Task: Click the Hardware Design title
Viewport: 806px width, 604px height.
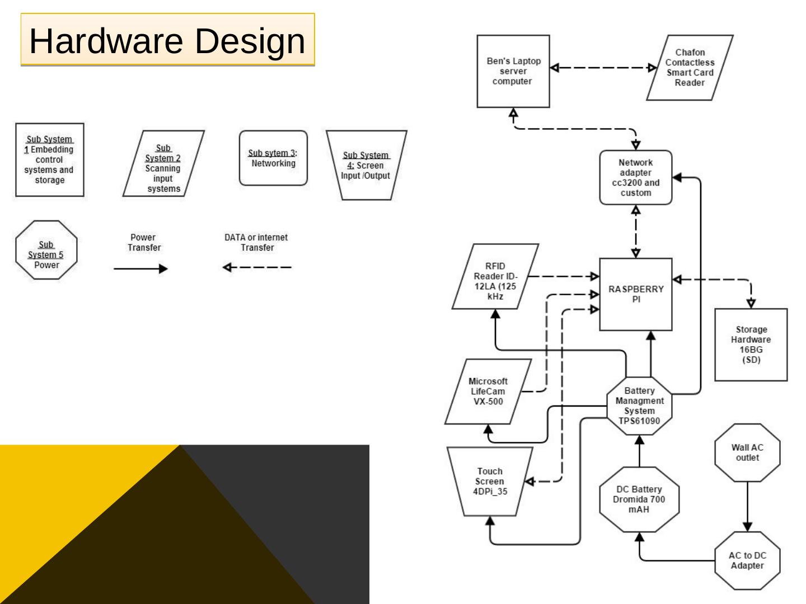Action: [x=167, y=40]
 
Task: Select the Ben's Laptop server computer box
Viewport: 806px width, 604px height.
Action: [x=513, y=71]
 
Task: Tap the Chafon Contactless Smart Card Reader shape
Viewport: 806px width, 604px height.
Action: [x=690, y=68]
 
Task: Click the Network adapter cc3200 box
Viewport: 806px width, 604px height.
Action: [x=635, y=177]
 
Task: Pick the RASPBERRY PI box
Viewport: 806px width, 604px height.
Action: [x=635, y=294]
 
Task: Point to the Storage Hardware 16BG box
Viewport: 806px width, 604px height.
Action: [x=751, y=345]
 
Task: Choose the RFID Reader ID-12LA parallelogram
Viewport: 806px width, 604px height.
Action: [x=495, y=276]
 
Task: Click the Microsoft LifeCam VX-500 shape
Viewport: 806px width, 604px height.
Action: [x=488, y=391]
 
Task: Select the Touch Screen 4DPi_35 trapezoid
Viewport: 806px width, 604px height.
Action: [x=490, y=482]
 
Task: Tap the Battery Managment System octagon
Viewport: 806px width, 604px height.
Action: [x=639, y=405]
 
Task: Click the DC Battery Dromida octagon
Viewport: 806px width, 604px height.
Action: [x=639, y=499]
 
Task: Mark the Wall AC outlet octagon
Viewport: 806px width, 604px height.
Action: [x=747, y=452]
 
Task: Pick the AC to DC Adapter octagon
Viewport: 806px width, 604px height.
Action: [x=747, y=560]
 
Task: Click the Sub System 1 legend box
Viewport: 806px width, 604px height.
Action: [x=49, y=160]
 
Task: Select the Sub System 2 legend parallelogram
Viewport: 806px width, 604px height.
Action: [x=163, y=164]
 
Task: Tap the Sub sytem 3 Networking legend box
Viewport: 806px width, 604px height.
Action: [x=273, y=158]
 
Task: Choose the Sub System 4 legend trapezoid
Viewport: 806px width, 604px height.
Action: [x=366, y=165]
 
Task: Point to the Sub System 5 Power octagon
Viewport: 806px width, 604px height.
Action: [x=46, y=250]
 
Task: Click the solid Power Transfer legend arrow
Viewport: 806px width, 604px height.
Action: [x=140, y=269]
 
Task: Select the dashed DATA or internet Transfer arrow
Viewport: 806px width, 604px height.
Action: [x=257, y=267]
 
